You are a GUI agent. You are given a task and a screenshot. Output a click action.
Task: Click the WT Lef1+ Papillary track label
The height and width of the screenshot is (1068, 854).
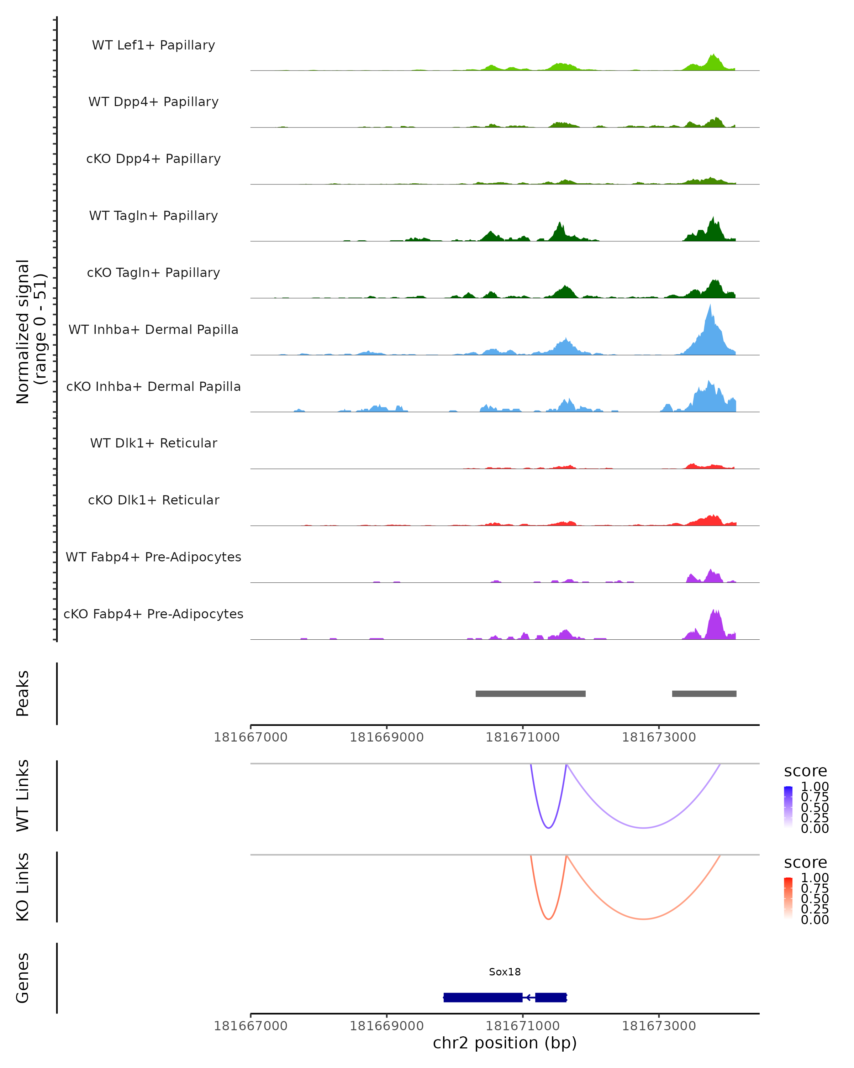tap(153, 45)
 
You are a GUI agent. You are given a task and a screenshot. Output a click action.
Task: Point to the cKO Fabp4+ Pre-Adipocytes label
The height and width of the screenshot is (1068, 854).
tap(153, 614)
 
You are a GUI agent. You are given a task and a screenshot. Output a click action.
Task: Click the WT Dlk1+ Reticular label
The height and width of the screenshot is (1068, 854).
tap(153, 443)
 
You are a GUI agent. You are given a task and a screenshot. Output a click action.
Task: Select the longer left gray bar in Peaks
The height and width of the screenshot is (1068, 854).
tap(530, 693)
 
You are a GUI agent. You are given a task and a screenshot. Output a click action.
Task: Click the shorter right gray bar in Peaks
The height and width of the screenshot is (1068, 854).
tap(704, 693)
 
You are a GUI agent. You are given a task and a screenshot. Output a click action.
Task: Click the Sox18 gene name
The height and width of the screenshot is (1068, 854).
tap(505, 972)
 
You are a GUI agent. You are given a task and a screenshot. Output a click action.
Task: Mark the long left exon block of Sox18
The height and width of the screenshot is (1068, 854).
tap(483, 997)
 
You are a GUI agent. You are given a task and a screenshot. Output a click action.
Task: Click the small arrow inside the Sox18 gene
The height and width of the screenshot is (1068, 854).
tap(529, 997)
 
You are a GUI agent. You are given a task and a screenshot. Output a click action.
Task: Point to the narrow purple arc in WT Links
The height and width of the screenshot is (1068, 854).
tap(549, 827)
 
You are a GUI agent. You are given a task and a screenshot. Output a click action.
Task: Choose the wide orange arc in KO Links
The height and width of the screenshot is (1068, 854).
tap(643, 919)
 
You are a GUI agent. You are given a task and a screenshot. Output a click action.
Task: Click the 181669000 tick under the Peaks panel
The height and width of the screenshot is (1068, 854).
tap(387, 737)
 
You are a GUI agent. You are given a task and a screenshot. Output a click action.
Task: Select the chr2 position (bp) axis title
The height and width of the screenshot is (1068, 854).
tap(505, 1043)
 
